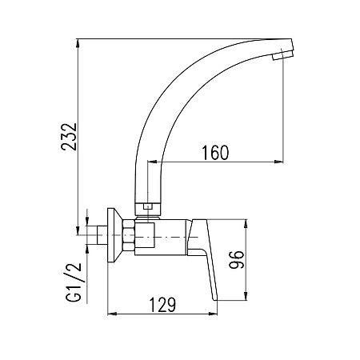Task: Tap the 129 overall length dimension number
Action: tap(162, 304)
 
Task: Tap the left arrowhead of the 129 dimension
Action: tap(109, 314)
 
